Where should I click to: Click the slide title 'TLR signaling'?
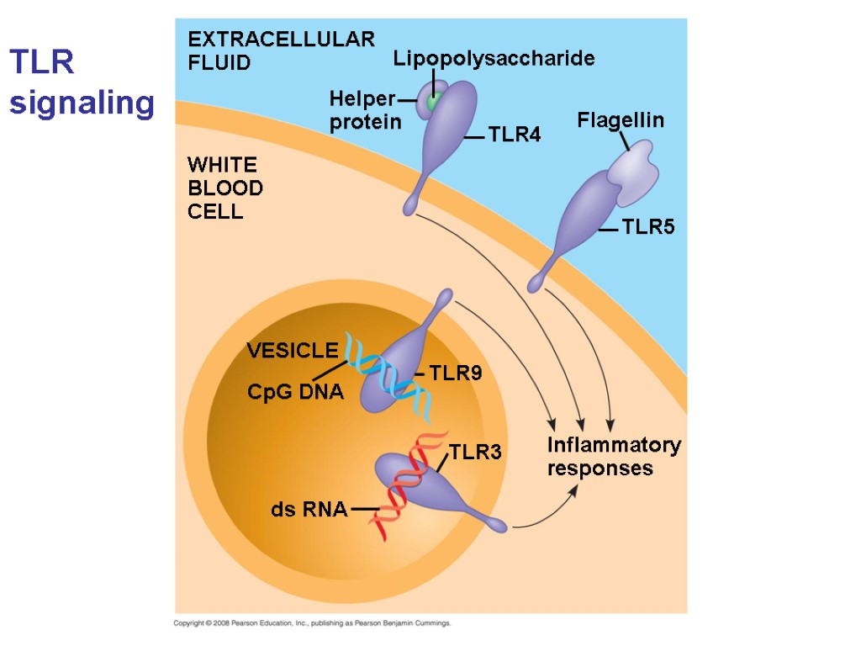pos(82,82)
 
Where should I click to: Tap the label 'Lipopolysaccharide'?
pos(494,58)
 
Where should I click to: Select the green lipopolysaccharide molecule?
pos(433,102)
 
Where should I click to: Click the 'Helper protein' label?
pos(364,110)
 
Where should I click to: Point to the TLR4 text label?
pos(514,135)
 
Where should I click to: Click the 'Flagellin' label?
pos(620,120)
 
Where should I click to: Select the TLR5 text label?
pos(648,226)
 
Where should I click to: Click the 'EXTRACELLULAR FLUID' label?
pos(280,50)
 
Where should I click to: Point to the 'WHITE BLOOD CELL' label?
pos(224,187)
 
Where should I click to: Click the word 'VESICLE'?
pos(292,350)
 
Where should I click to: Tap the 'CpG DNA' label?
pos(295,391)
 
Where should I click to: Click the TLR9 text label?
pos(455,373)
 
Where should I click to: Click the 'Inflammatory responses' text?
pos(613,457)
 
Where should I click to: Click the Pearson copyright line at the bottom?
pos(312,623)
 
